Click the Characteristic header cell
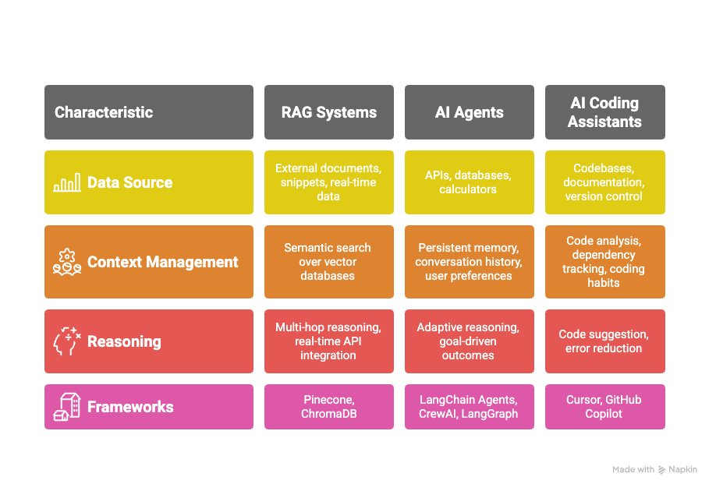tap(149, 112)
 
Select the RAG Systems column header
tap(329, 112)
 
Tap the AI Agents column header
tap(470, 112)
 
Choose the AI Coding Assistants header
tap(605, 112)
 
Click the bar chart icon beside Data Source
tap(67, 182)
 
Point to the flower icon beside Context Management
tap(67, 262)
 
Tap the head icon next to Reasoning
tap(67, 341)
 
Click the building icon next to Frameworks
tap(67, 407)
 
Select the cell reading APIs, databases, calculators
tap(470, 182)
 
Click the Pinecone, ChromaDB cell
tap(329, 407)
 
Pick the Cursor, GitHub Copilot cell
tap(605, 407)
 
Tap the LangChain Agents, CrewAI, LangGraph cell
tap(470, 407)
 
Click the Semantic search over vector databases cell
tap(329, 262)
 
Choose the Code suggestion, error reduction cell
tap(605, 341)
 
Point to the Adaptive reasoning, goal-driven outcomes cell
tap(470, 341)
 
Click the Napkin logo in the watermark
tap(661, 469)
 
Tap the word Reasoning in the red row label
tap(124, 341)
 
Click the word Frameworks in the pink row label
tap(130, 407)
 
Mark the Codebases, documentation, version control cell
tap(605, 182)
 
